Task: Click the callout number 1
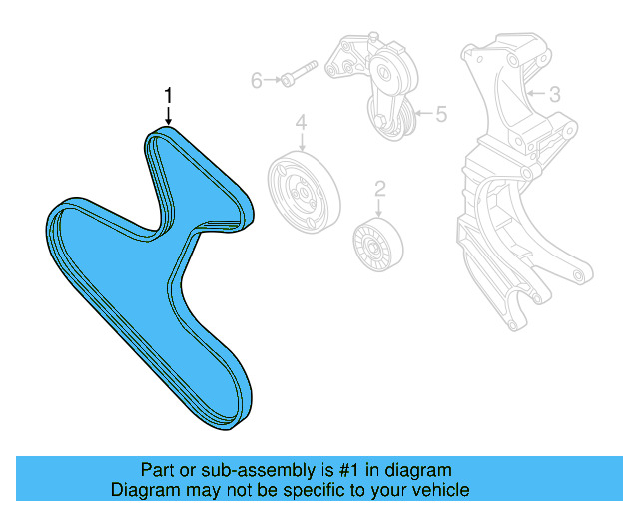pyautogui.click(x=169, y=96)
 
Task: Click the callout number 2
pyautogui.click(x=379, y=188)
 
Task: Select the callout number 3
pyautogui.click(x=555, y=95)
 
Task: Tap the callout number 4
pyautogui.click(x=300, y=124)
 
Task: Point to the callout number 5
pyautogui.click(x=440, y=115)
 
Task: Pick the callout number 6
pyautogui.click(x=257, y=80)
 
